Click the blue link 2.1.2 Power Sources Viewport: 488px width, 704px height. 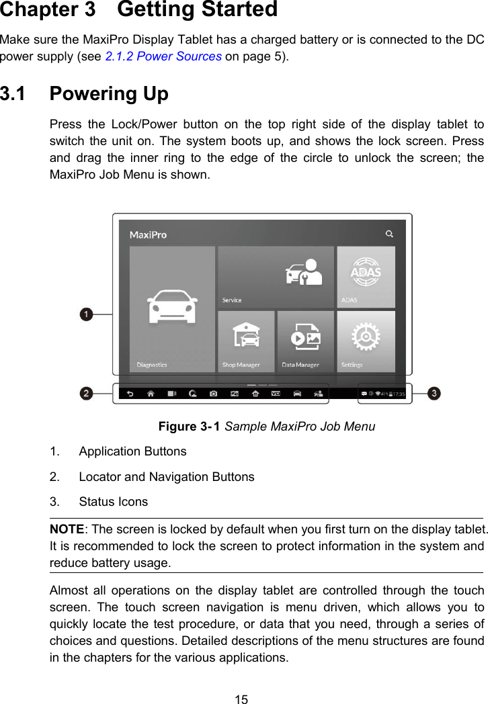pos(163,56)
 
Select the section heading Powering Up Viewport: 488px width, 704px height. pos(109,93)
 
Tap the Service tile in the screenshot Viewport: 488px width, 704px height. pos(276,275)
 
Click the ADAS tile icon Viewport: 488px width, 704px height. pos(366,272)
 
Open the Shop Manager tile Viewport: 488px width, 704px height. pos(246,339)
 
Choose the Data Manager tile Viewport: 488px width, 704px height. pos(305,339)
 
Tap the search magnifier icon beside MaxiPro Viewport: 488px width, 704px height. pos(389,234)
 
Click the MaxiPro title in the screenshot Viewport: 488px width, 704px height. pos(148,235)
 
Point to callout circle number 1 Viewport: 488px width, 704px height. pos(86,314)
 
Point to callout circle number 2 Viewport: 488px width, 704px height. pos(86,394)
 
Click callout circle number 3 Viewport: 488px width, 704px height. pos(434,393)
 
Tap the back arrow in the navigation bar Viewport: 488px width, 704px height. pos(130,394)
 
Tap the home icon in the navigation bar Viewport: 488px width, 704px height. pos(151,394)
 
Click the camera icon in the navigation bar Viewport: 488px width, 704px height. pos(213,394)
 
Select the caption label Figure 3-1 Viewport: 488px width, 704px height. pos(189,427)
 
